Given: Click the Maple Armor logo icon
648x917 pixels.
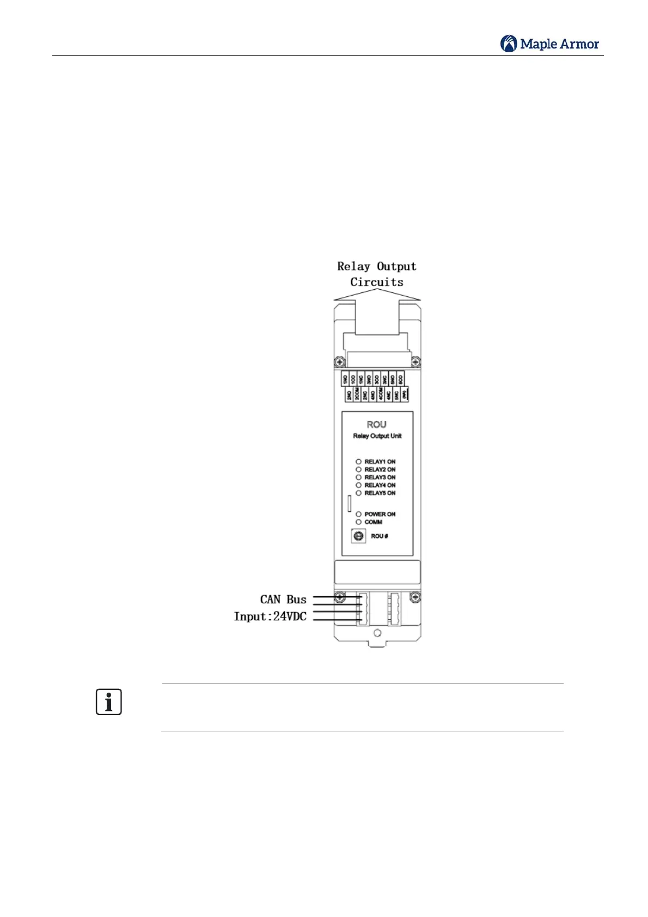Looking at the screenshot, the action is tap(509, 44).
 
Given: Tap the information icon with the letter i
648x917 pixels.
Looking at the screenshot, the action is tap(109, 702).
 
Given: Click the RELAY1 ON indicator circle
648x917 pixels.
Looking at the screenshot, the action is tap(358, 462).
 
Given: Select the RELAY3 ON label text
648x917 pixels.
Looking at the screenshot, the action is tap(380, 478).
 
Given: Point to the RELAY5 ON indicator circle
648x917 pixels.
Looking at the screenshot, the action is tap(358, 493).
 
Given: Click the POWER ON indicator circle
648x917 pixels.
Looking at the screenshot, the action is tap(358, 514).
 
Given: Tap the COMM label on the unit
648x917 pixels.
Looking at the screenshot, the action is tap(374, 522).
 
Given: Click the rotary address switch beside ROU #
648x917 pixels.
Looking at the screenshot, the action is tap(358, 536).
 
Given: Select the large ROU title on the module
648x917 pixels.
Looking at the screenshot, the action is tap(377, 425).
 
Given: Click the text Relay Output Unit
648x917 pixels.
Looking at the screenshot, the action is tap(377, 436).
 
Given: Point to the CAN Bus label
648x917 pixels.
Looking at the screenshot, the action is tap(283, 600).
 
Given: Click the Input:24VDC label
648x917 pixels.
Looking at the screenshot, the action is tap(270, 616).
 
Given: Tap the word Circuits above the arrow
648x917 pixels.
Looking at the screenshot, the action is tap(377, 282).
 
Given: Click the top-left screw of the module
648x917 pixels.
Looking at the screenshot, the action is tap(340, 362).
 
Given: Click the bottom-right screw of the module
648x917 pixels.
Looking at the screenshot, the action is tap(415, 598).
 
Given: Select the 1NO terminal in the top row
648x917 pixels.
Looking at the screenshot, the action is tap(345, 379).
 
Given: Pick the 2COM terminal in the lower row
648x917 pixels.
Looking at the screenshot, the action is tap(357, 394).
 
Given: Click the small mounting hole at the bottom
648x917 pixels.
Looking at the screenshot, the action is tap(377, 633).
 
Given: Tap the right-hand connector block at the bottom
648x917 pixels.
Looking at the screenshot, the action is tap(394, 609).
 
